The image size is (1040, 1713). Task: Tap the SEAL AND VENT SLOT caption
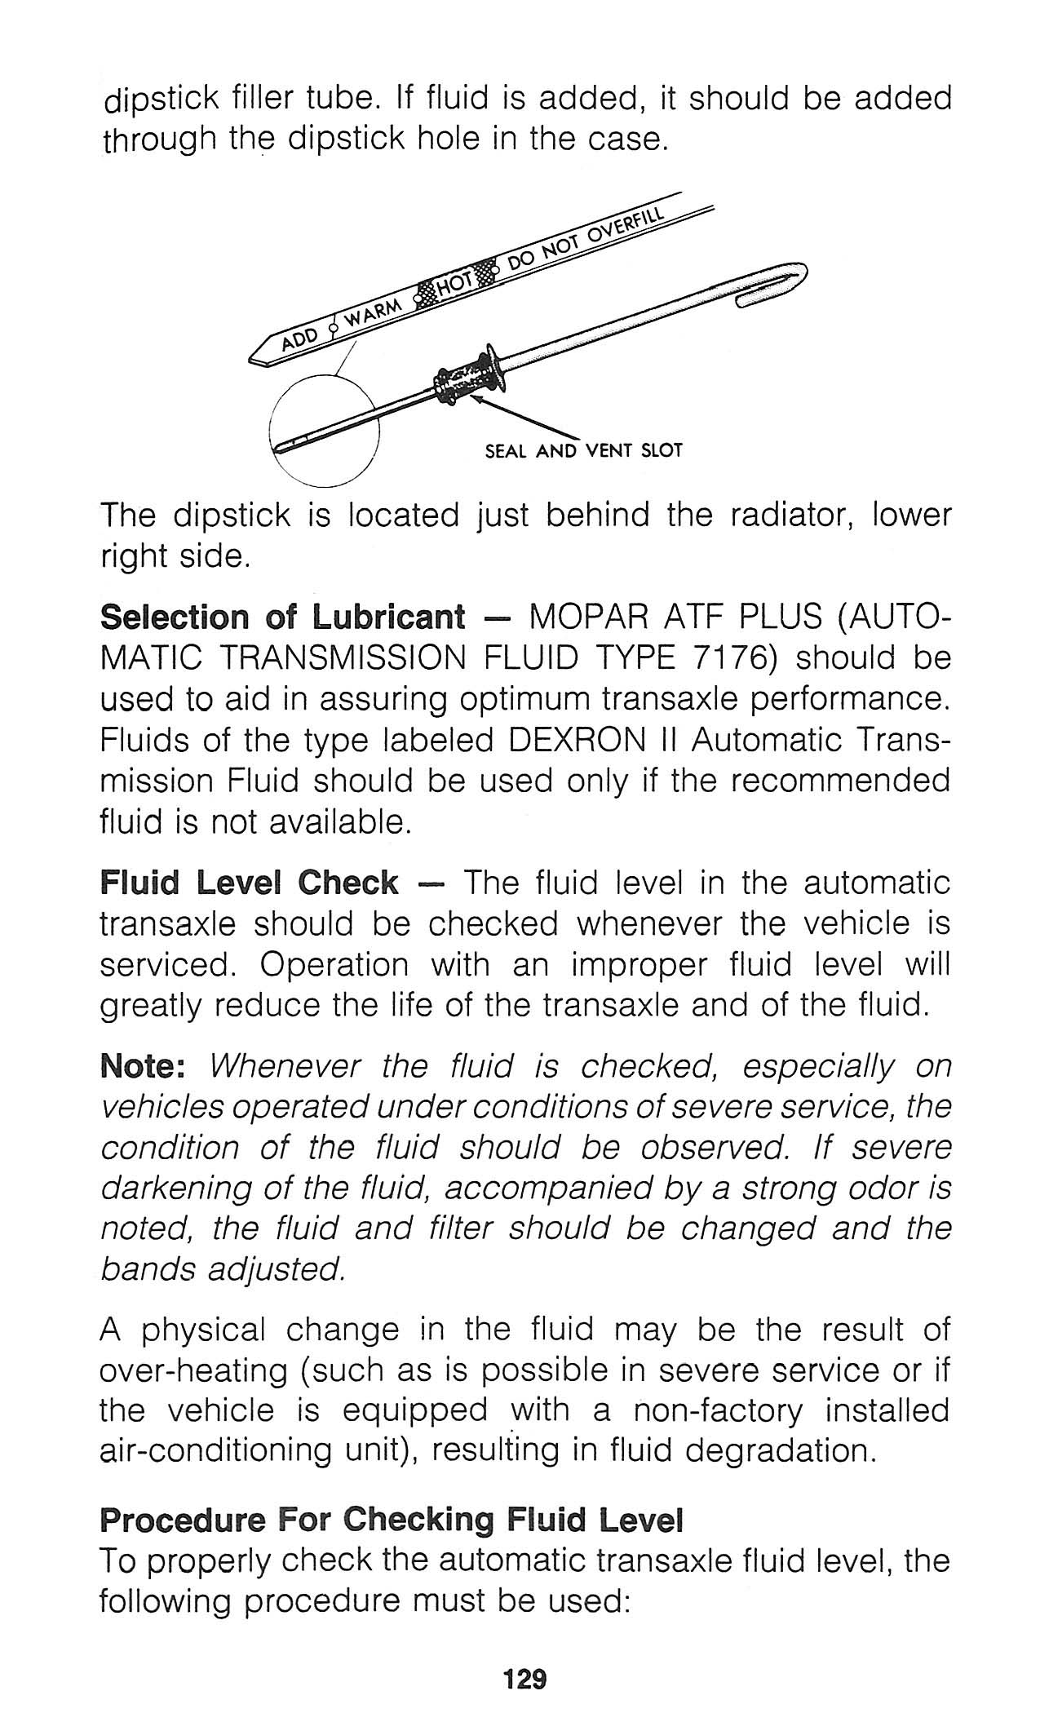(x=582, y=450)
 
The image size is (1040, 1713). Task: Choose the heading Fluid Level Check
(x=249, y=883)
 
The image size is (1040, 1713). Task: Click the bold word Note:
(x=144, y=1066)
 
